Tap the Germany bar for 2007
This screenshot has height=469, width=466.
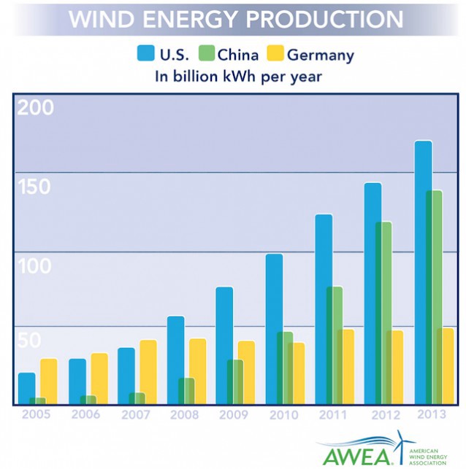(148, 371)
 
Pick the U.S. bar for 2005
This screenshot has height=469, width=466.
(26, 388)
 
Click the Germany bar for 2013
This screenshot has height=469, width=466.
(444, 365)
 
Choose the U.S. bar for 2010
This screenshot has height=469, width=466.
(274, 328)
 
